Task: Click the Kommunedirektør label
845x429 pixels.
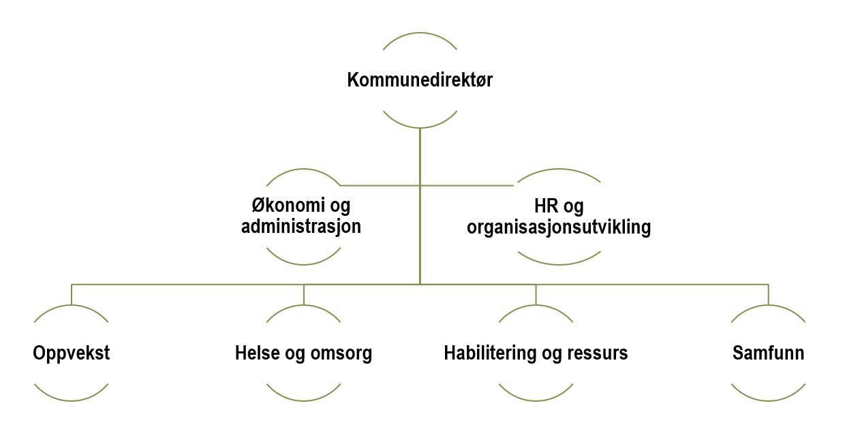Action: click(420, 80)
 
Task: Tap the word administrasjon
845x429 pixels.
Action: click(301, 227)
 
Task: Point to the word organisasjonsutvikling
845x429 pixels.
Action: click(559, 227)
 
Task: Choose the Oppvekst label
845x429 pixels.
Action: click(71, 353)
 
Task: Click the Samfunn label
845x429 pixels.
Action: click(768, 353)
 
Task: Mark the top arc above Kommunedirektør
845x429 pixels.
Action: click(420, 34)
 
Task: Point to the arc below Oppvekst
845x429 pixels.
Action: click(71, 400)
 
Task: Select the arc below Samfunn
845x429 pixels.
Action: click(768, 400)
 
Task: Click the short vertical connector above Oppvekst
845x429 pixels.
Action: click(72, 294)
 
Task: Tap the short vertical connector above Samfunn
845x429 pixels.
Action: click(768, 294)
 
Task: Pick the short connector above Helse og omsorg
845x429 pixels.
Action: click(304, 294)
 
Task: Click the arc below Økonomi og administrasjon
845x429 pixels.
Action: click(303, 263)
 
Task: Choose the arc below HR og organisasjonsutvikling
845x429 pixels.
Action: click(559, 263)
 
